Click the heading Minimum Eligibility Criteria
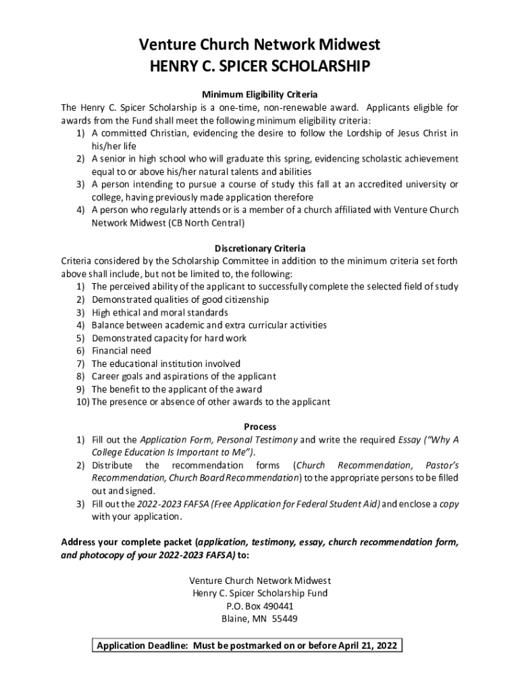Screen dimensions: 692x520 (x=260, y=94)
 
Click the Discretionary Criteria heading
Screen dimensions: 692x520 (x=260, y=248)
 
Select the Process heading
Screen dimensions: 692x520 (x=260, y=427)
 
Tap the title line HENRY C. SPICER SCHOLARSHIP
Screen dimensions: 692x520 (x=260, y=66)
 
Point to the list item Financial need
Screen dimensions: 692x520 (x=122, y=351)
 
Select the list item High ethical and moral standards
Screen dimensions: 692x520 (x=160, y=313)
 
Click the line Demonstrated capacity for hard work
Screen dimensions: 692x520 (x=170, y=338)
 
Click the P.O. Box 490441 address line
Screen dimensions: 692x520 (x=260, y=606)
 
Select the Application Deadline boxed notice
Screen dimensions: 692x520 (x=247, y=645)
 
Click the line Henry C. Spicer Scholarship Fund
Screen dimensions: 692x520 (x=260, y=593)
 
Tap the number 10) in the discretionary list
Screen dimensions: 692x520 (x=82, y=402)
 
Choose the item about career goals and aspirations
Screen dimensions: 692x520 (x=184, y=376)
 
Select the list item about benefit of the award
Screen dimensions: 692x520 (x=177, y=389)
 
